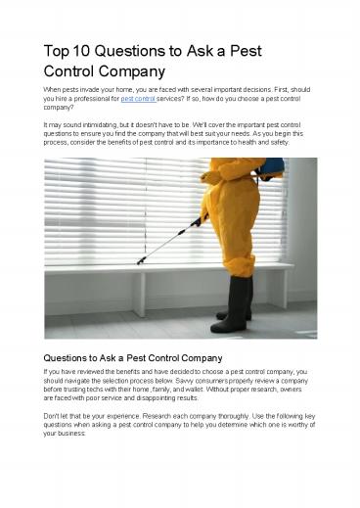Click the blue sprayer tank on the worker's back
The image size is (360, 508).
(x=258, y=172)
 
